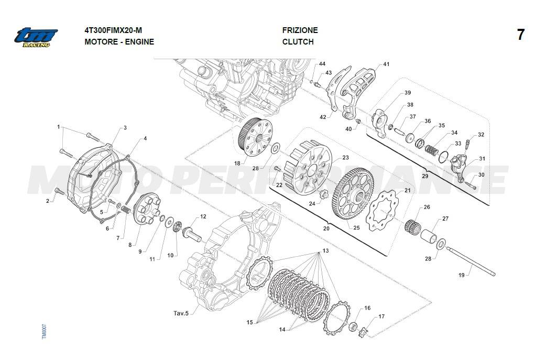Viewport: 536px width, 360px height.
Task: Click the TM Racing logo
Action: pyautogui.click(x=36, y=37)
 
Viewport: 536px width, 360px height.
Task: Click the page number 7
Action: pyautogui.click(x=520, y=35)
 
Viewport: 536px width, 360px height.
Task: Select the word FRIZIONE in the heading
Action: pyautogui.click(x=300, y=30)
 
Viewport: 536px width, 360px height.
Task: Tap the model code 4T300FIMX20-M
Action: pyautogui.click(x=113, y=30)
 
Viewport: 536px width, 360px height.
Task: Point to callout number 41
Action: pyautogui.click(x=386, y=64)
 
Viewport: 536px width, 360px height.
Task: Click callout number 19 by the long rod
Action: pyautogui.click(x=461, y=275)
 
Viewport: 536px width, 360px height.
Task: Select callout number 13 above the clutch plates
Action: pyautogui.click(x=325, y=251)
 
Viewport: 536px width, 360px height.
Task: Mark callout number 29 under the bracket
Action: pyautogui.click(x=424, y=176)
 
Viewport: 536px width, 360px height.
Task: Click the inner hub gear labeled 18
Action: pyautogui.click(x=256, y=138)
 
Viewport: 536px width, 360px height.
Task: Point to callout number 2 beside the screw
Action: pyautogui.click(x=47, y=201)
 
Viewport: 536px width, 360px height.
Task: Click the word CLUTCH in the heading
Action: pyautogui.click(x=298, y=42)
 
